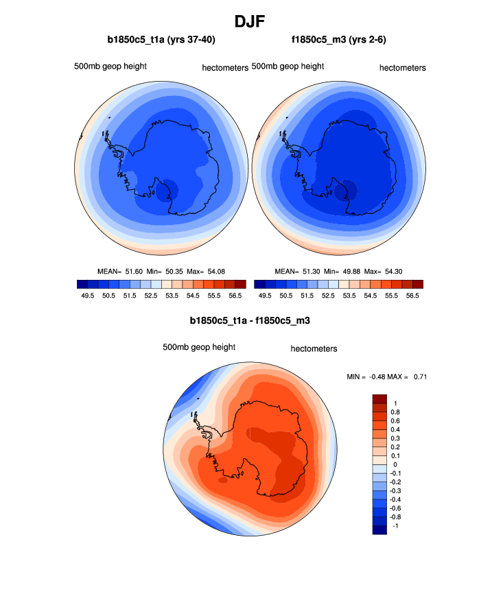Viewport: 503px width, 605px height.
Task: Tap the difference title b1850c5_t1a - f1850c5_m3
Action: pyautogui.click(x=252, y=320)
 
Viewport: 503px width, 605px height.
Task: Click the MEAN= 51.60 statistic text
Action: pyautogui.click(x=120, y=272)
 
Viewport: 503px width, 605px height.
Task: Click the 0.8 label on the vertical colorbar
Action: pyautogui.click(x=396, y=412)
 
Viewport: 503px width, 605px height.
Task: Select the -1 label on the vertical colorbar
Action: pyautogui.click(x=395, y=525)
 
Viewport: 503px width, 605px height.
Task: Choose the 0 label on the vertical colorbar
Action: pyautogui.click(x=395, y=464)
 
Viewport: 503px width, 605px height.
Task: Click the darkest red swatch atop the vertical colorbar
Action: pyautogui.click(x=380, y=399)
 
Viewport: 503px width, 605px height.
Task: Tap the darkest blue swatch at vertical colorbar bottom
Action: pyautogui.click(x=380, y=530)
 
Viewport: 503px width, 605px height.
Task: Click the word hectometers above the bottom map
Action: pyautogui.click(x=314, y=348)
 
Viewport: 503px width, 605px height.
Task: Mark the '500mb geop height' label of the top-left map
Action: pyautogui.click(x=110, y=67)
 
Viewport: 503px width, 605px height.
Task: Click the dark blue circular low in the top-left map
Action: pyautogui.click(x=165, y=190)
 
